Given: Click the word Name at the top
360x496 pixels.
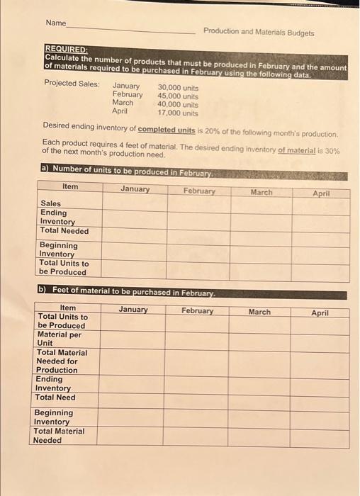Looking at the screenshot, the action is tap(55, 23).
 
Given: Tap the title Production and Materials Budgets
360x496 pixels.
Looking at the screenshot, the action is tap(258, 32).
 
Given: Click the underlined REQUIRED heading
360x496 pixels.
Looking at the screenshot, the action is tap(66, 50).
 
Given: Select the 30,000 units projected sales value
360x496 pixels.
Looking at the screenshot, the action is tap(177, 87).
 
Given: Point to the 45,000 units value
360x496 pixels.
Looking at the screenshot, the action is tap(177, 96).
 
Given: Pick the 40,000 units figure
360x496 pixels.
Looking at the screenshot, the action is tap(177, 103).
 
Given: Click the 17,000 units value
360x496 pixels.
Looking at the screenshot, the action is tap(177, 112).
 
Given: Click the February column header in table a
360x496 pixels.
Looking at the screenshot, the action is tap(199, 191).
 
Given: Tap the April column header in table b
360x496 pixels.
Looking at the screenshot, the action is tap(320, 312).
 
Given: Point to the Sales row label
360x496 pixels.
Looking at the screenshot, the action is tap(50, 203).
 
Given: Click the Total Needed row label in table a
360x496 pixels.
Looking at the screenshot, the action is tap(64, 230).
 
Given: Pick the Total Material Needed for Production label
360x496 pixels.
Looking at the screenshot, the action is tap(62, 361).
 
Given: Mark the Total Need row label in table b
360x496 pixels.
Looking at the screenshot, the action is tap(55, 397).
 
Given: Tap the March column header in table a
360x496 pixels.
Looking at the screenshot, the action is tap(261, 192).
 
